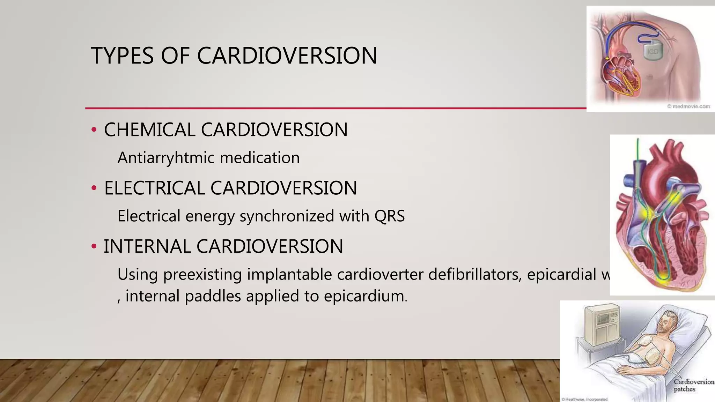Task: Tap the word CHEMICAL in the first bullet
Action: coord(149,130)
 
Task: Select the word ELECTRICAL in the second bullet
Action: coord(154,188)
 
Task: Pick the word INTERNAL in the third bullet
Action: coord(147,246)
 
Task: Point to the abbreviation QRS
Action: coord(389,216)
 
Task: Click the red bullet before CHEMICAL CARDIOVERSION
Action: coord(94,130)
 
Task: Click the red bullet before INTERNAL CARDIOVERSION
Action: coord(94,246)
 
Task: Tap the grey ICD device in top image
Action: coord(652,52)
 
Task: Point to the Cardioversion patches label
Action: coord(693,385)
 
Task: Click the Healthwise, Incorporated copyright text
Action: coord(584,399)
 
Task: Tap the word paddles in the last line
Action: coord(213,296)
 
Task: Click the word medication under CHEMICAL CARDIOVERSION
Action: coord(260,158)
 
